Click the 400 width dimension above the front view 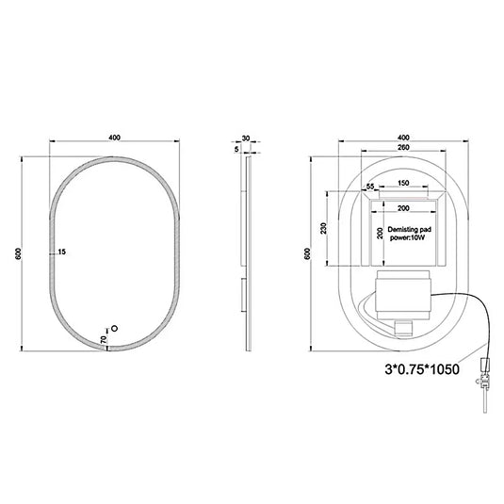114,138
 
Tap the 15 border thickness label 61,252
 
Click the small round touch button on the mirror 115,330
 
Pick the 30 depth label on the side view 246,138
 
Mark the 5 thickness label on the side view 236,148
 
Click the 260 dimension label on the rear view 401,149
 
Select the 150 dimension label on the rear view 401,184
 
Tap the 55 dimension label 370,188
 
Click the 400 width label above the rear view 401,138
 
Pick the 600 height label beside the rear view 308,254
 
